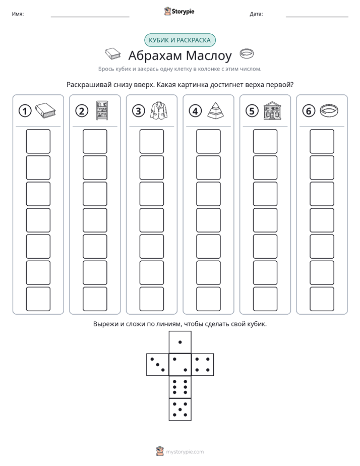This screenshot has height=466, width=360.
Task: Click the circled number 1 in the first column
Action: pos(25,111)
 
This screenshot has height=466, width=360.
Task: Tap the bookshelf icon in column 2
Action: pos(102,110)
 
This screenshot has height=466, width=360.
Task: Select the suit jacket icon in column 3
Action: pos(159,110)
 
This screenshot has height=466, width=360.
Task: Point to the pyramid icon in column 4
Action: pos(216,110)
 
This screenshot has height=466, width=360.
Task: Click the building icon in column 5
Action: pos(272,110)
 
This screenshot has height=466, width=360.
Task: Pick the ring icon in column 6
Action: pos(329,110)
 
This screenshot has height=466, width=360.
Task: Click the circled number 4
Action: pos(195,111)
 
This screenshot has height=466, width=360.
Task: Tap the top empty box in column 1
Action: pos(38,141)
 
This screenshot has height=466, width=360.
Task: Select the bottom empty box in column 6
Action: pos(322,299)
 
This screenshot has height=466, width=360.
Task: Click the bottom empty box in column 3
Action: pos(152,299)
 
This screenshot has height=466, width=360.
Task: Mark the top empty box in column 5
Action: pos(265,141)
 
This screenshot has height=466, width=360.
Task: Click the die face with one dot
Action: pos(180,342)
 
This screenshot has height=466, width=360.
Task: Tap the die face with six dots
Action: pos(180,387)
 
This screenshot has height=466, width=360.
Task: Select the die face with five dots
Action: pos(180,410)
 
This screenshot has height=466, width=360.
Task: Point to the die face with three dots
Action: pos(158,365)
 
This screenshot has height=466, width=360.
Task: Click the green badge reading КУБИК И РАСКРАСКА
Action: pos(179,40)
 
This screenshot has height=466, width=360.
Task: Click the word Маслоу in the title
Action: pos(209,55)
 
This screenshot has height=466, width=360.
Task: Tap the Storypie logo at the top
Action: pos(179,12)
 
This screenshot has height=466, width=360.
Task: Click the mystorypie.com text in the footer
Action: pos(185,452)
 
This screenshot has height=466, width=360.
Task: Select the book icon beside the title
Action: pos(113,54)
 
